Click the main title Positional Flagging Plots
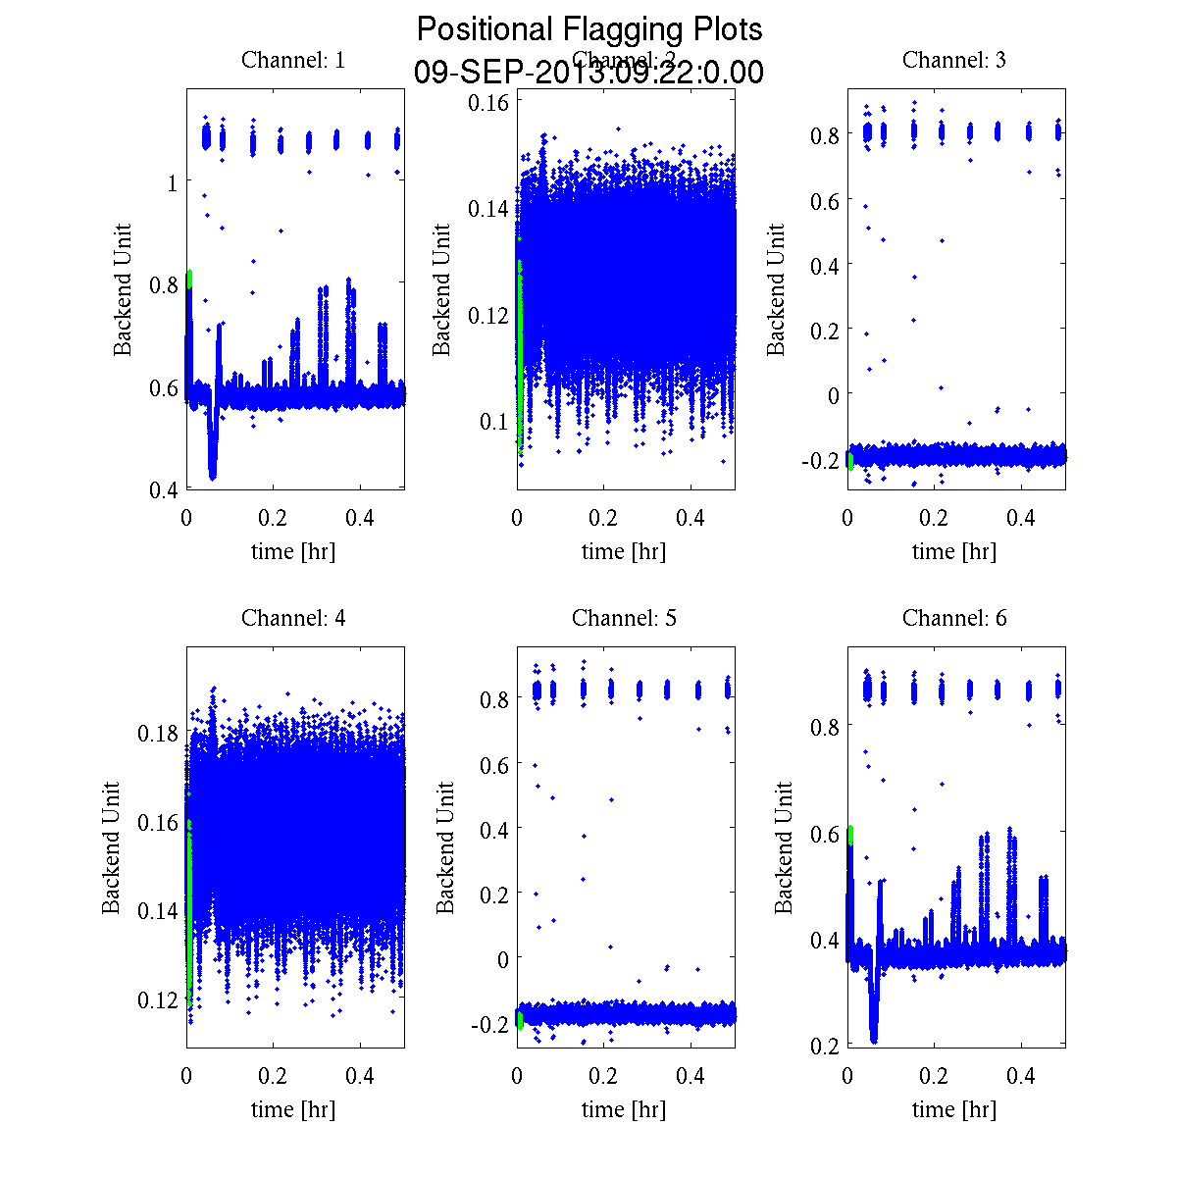click(x=588, y=29)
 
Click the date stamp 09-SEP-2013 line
click(x=588, y=73)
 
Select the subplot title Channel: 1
click(x=293, y=60)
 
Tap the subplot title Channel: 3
click(x=953, y=60)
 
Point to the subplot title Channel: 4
click(x=293, y=618)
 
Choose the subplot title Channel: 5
click(x=624, y=618)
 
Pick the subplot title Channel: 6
click(x=953, y=618)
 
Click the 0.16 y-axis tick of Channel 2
click(x=487, y=102)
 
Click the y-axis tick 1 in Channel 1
click(x=173, y=182)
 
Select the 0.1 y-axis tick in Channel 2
click(x=494, y=421)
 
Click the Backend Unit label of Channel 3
click(x=776, y=289)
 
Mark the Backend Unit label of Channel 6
click(x=784, y=848)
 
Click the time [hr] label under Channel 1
click(x=293, y=551)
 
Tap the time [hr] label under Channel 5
click(x=624, y=1109)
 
